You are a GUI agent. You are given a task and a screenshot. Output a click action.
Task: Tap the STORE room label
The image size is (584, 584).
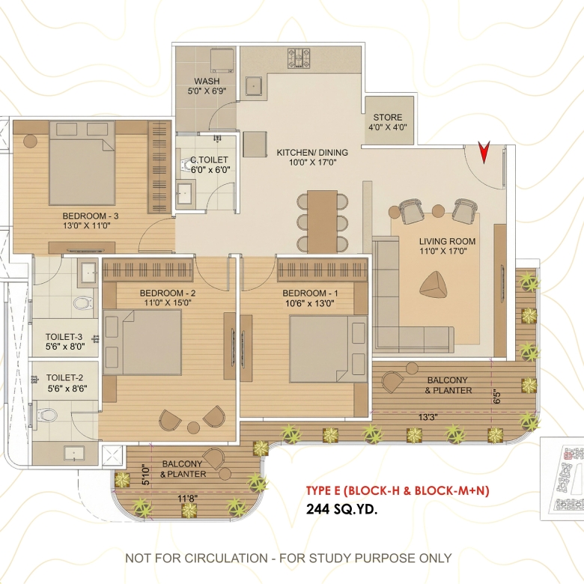coord(388,118)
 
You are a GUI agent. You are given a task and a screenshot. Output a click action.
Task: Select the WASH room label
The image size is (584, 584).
coord(207,81)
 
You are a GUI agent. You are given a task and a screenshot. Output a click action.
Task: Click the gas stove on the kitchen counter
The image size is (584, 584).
coord(299,58)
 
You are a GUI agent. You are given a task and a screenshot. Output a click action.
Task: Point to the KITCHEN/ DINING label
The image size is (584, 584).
coord(312,152)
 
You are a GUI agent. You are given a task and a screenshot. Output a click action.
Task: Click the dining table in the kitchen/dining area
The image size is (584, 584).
coord(322,221)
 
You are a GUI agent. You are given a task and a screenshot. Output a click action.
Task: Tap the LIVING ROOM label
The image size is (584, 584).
coord(447,241)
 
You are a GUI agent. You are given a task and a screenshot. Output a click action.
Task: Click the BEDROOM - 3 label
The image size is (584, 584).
coord(91,216)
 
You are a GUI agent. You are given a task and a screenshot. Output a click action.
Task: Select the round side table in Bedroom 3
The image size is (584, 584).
coord(30,142)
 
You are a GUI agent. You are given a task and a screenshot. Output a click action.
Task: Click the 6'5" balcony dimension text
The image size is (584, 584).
coord(497,396)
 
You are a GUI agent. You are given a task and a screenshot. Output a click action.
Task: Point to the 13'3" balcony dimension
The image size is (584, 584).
coord(428,417)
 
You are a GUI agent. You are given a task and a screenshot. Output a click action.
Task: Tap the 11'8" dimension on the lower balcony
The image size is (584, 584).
coord(187,498)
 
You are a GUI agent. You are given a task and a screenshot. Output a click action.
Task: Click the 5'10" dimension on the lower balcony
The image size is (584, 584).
coord(146,475)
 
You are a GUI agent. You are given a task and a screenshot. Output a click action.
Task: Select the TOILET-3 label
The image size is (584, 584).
coord(64,337)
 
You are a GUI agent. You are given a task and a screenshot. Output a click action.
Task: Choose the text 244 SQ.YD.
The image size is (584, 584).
coord(341,509)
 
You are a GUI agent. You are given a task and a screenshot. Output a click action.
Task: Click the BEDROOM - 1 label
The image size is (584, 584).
coord(310,293)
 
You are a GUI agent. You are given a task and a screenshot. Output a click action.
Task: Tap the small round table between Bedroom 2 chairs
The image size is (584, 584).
coord(193,428)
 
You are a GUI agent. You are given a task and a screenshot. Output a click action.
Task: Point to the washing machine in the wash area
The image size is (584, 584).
coord(222,61)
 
